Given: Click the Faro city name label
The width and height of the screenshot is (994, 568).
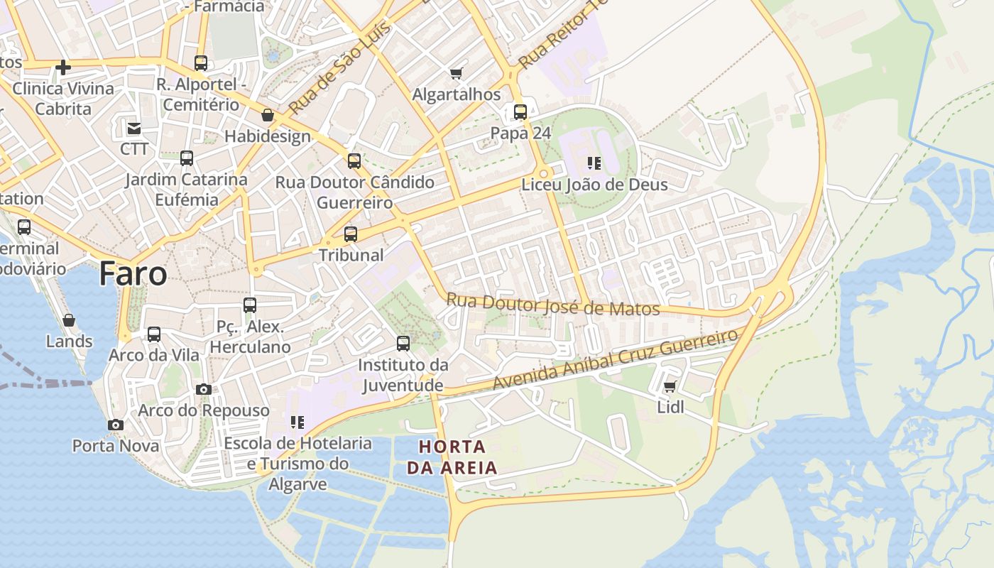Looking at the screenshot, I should (133, 273).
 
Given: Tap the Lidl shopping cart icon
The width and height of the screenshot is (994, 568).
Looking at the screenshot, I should (670, 387).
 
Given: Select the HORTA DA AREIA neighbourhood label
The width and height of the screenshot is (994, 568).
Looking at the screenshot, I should (452, 457).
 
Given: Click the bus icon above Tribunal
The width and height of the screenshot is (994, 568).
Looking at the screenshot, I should (350, 234).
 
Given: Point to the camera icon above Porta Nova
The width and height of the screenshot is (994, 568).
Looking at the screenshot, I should (115, 425).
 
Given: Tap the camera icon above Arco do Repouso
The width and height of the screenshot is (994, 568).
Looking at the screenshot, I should (204, 389).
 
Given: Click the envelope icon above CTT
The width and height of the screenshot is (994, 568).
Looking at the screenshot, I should (134, 129).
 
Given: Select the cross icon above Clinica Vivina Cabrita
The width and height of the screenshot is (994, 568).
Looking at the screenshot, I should (63, 67).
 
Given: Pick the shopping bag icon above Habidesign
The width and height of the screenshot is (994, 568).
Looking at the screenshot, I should (268, 115).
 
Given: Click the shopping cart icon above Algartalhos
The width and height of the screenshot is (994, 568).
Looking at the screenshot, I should (457, 73).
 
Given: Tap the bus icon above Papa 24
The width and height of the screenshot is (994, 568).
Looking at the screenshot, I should (520, 112).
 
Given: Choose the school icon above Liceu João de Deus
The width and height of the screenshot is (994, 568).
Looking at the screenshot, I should (594, 164).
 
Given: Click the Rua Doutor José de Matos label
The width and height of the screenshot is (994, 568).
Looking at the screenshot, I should (553, 305).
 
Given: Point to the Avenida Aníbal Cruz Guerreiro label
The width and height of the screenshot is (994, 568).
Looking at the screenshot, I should (616, 359).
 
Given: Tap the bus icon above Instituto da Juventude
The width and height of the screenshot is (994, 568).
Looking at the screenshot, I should (403, 344).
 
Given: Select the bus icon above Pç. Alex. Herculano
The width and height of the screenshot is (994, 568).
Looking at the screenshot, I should (250, 305).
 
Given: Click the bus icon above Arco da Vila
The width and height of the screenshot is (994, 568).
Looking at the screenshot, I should (154, 334).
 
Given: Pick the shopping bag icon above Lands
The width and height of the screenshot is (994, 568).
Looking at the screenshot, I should (69, 320).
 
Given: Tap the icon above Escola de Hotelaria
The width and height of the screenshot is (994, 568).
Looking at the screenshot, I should (297, 422).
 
